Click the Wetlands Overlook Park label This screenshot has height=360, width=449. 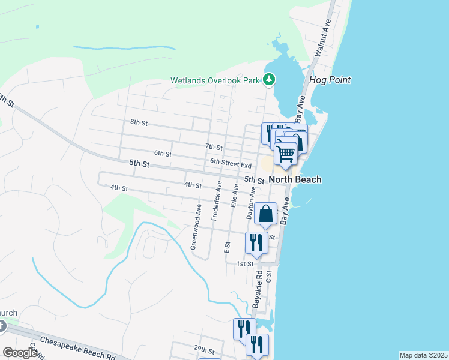pos(217,80)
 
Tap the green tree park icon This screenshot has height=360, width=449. pos(270,79)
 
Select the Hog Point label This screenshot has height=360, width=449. pos(330,80)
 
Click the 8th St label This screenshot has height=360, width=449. pos(139,122)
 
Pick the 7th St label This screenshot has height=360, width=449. pos(214,146)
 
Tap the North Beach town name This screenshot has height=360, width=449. pos(295,179)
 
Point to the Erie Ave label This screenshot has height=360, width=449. pos(235,196)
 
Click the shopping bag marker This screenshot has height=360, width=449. pos(265,214)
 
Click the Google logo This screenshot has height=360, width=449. pos(20,353)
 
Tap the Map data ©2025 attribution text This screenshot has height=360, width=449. pos(423,355)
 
